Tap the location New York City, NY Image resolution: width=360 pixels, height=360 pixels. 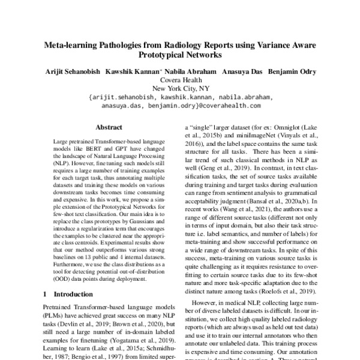click(181, 88)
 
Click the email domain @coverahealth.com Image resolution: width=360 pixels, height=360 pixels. click(229, 106)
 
